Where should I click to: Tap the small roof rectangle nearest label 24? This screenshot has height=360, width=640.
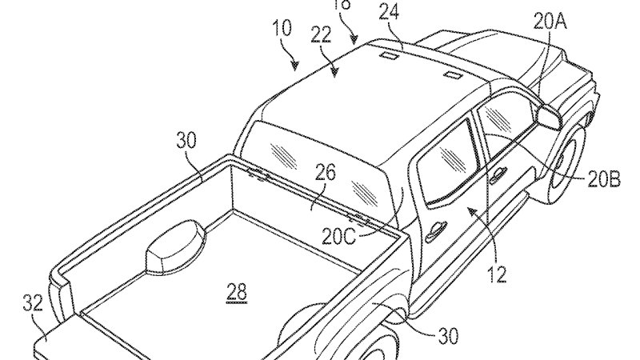392,57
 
